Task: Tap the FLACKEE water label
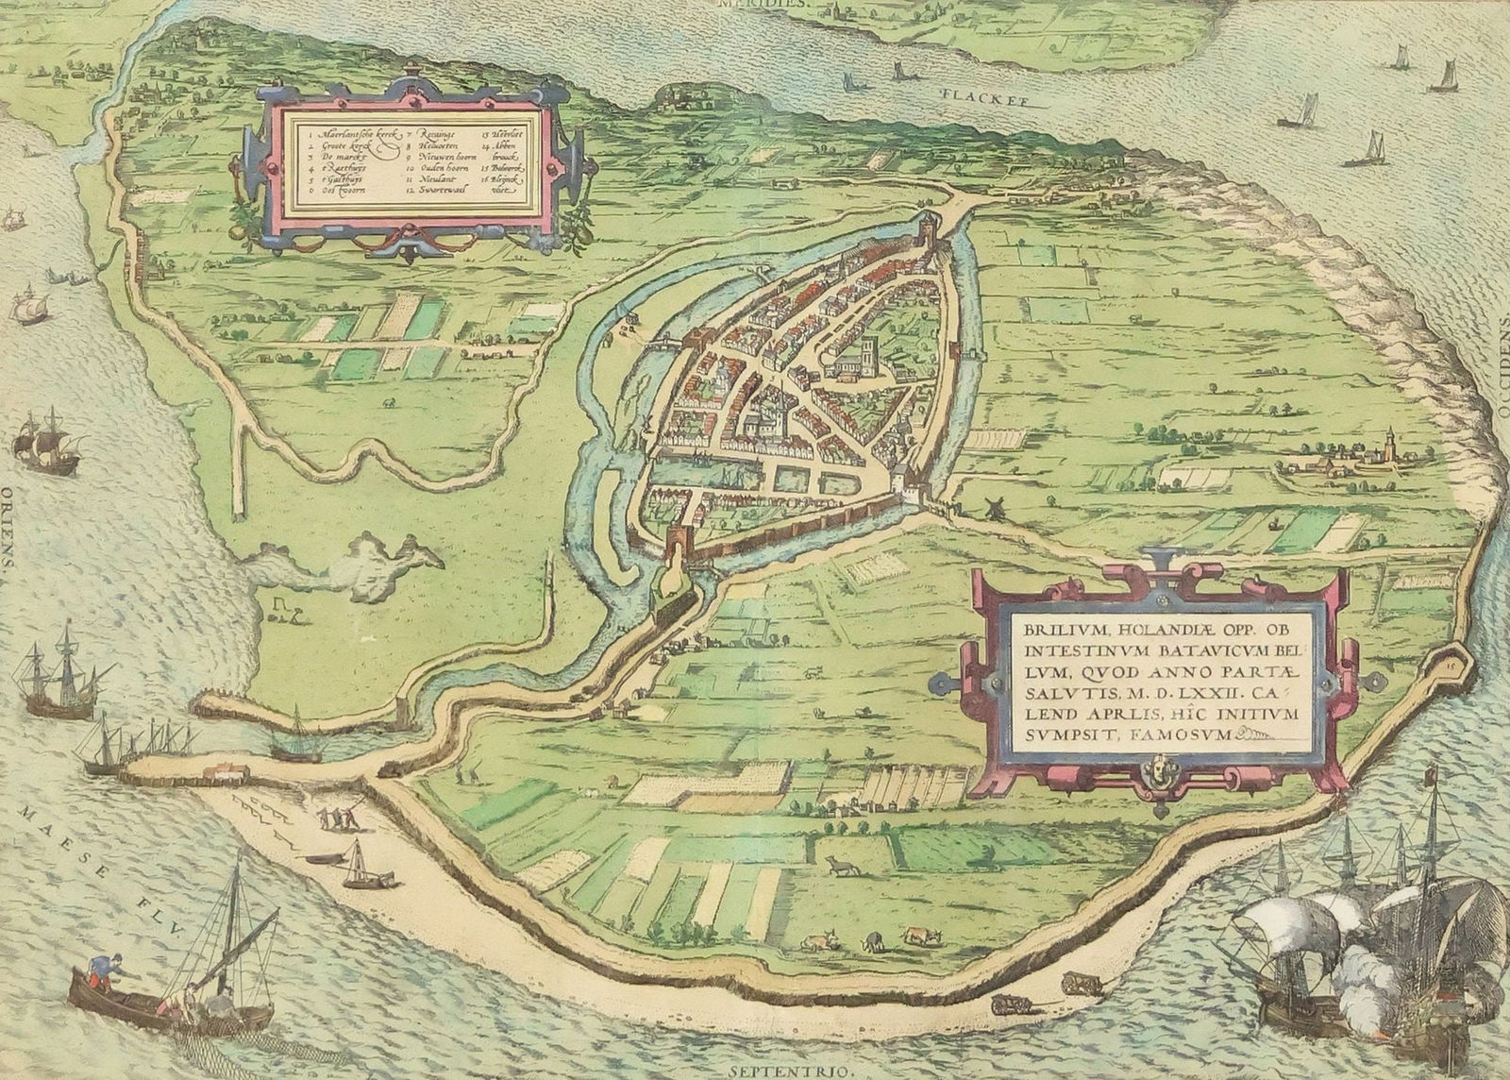point(975,95)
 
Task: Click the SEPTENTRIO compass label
point(776,1072)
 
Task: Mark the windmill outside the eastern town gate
point(992,507)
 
